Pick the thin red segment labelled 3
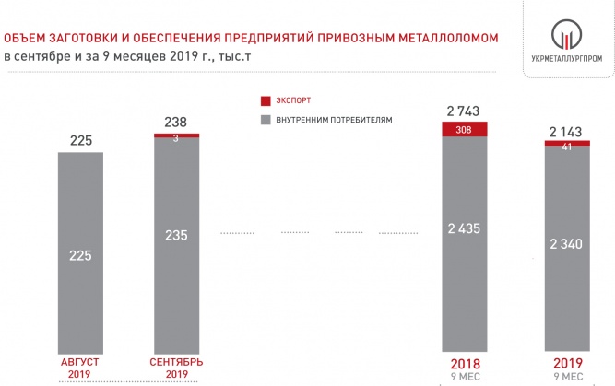pos(175,135)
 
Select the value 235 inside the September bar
pos(175,235)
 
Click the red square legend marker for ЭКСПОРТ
pos(265,99)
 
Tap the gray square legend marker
pos(265,120)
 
